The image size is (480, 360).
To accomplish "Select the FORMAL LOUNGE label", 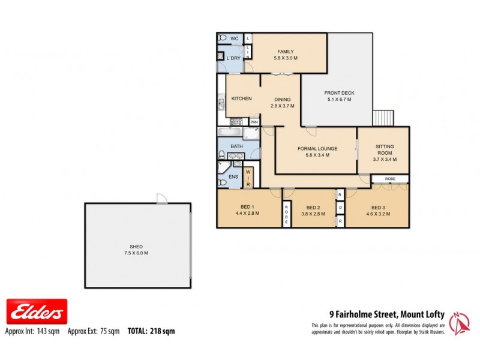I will (x=317, y=149).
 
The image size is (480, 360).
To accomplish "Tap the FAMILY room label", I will (x=285, y=52).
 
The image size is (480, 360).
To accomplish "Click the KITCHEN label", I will (x=241, y=99).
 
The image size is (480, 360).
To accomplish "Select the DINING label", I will (x=282, y=100).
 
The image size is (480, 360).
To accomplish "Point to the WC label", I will (x=235, y=38).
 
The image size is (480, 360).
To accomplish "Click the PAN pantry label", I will (x=254, y=122).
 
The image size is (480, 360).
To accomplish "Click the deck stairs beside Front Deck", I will (x=383, y=118).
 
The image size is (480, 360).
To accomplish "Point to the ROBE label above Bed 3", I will (x=390, y=179).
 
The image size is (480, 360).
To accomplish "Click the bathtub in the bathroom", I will (x=230, y=132).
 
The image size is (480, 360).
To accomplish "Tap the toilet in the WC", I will (x=223, y=38).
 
